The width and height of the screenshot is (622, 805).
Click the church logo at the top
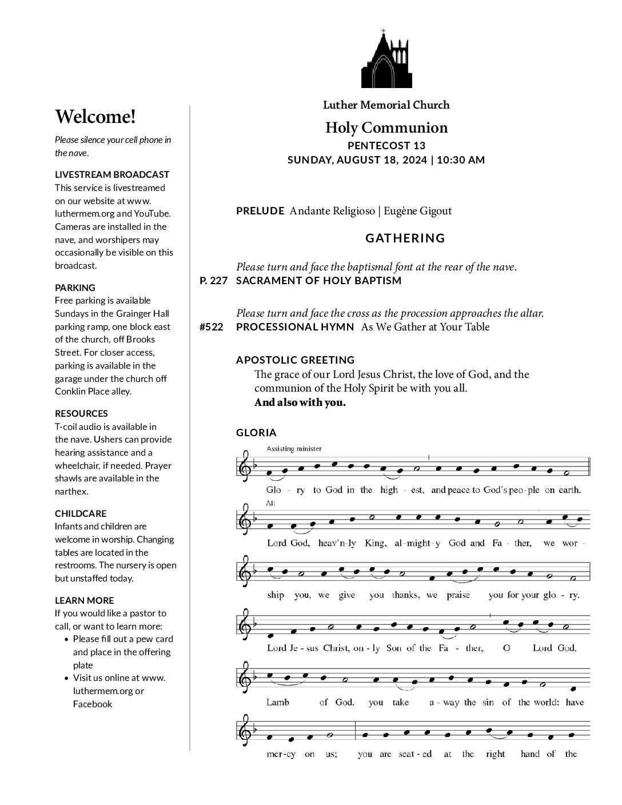(386, 59)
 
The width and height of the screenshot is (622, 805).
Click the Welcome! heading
(95, 117)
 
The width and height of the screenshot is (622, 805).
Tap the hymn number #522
(212, 327)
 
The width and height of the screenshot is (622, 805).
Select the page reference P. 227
(214, 281)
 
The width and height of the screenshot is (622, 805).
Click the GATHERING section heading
(405, 238)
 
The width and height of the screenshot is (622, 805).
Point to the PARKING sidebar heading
(75, 288)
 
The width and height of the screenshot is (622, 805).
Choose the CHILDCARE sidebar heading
(81, 513)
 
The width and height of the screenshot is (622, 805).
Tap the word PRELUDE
(260, 211)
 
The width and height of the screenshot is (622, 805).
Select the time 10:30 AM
(461, 160)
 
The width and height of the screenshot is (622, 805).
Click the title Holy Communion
(386, 127)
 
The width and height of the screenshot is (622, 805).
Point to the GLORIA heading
(256, 433)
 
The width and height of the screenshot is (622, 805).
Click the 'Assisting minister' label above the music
(294, 449)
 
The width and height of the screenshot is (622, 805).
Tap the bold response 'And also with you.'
(300, 402)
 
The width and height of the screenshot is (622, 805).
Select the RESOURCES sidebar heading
(81, 413)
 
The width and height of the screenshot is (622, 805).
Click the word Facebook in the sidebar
(93, 704)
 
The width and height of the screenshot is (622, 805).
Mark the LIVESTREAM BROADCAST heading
(112, 174)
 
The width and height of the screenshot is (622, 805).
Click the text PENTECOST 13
(386, 146)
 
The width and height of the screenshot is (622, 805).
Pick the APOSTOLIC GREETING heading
(296, 360)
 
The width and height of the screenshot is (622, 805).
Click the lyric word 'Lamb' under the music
(278, 702)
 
